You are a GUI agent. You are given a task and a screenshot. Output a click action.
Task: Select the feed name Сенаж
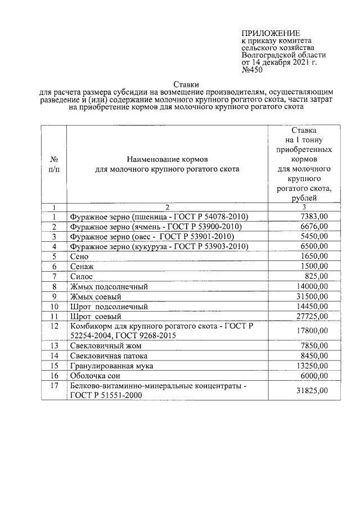coord(81,267)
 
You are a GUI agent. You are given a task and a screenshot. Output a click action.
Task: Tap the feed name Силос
coord(82,277)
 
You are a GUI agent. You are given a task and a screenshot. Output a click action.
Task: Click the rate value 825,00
coord(317,277)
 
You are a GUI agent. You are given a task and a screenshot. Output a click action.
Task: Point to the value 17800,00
coord(312,331)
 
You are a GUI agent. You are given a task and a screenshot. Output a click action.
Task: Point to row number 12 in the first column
coord(54,326)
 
